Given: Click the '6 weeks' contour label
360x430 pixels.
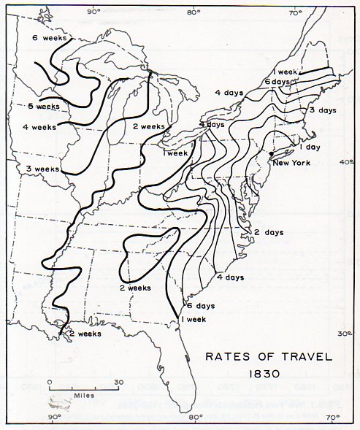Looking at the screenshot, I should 49,37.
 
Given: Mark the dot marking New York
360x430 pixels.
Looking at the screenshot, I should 270,154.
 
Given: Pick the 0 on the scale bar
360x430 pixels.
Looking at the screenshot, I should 50,382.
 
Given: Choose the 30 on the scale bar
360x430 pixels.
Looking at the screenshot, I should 118,382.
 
